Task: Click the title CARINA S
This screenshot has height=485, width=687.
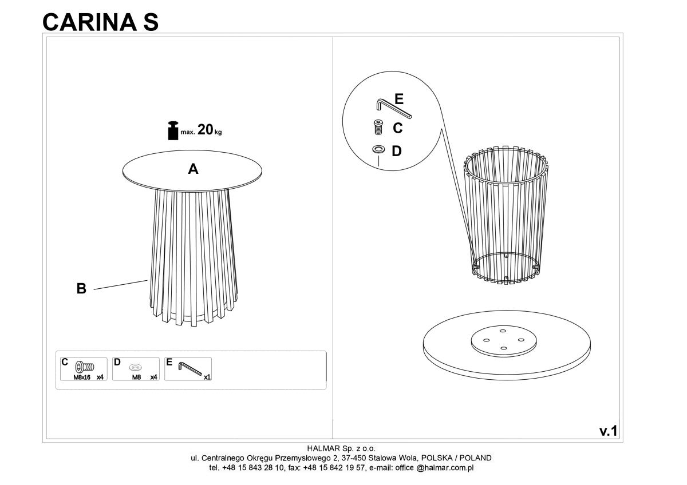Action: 100,22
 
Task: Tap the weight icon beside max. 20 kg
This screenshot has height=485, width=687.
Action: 173,131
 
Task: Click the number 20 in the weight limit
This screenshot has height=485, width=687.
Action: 205,130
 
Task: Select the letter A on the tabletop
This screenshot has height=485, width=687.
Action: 193,169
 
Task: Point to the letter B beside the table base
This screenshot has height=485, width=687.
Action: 81,288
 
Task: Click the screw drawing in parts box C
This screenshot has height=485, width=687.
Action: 85,367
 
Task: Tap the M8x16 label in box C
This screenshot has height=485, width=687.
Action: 82,377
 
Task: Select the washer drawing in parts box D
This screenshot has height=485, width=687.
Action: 135,367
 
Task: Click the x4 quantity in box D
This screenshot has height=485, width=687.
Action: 153,377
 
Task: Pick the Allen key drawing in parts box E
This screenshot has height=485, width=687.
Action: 190,368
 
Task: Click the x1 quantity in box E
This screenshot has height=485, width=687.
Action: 207,377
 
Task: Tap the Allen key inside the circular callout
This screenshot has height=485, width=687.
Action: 394,108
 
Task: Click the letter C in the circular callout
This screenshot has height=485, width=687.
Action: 397,128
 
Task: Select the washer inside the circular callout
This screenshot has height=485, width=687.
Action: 378,149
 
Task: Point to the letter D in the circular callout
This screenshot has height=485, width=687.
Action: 397,151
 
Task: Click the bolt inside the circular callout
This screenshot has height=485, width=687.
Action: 379,127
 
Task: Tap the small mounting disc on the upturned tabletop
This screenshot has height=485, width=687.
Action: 504,341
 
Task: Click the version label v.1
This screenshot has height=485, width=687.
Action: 609,431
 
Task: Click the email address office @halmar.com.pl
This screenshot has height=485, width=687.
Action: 435,468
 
